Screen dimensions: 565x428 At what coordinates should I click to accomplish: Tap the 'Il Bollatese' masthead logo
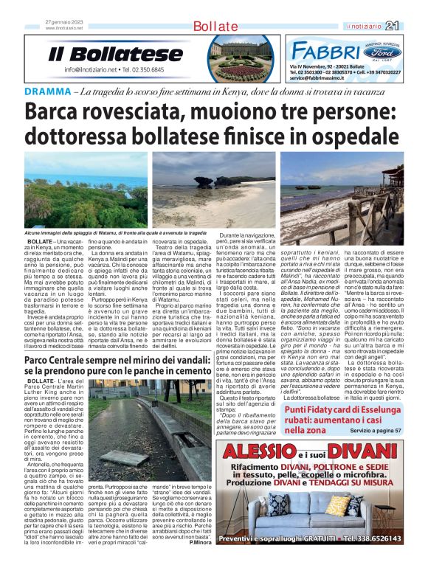[x=116, y=55]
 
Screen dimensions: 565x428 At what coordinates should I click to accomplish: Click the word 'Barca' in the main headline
[x=57, y=113]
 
